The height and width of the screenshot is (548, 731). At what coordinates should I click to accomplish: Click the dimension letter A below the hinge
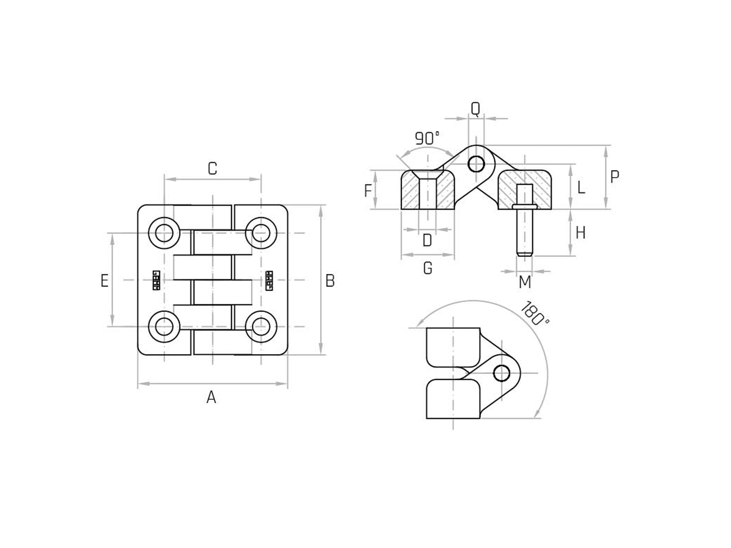click(211, 398)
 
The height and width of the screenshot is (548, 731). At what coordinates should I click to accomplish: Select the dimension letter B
click(330, 281)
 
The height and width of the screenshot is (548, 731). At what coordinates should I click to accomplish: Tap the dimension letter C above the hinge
click(212, 169)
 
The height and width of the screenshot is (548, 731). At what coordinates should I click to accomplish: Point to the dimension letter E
click(104, 281)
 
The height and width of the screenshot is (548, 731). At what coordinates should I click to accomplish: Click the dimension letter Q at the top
click(475, 108)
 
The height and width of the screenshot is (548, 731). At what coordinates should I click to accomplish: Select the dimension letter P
click(615, 177)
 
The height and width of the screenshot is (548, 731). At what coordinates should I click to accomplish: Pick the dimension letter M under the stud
click(525, 282)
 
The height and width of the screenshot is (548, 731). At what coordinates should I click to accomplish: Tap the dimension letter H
click(581, 233)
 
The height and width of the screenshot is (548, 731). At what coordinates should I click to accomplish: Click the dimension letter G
click(428, 268)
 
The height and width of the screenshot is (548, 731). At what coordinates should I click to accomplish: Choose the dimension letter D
click(427, 240)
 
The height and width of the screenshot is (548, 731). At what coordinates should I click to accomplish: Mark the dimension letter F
click(368, 191)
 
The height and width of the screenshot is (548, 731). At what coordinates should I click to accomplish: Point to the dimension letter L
click(581, 188)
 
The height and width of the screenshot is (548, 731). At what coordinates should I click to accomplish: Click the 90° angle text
click(427, 138)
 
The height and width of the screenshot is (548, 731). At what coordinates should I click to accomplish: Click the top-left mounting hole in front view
click(164, 233)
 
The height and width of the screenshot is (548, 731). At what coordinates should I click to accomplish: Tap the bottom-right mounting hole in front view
click(261, 327)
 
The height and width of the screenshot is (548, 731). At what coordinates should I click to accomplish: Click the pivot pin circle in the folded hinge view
click(501, 373)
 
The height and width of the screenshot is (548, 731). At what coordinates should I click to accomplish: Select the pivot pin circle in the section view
click(476, 164)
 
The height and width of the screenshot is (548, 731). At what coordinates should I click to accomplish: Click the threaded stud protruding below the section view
click(524, 232)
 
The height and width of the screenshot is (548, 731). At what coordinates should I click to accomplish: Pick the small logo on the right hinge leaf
click(269, 281)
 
